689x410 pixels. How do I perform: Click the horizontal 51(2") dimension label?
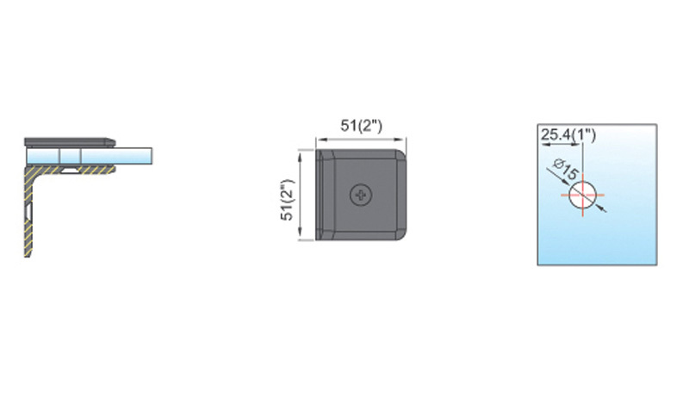tap(361, 126)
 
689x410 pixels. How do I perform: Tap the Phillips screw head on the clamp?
tap(361, 195)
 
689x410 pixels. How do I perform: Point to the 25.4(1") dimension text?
tap(568, 134)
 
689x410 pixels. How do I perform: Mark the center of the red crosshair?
tap(583, 196)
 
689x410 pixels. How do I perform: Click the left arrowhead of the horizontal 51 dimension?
tap(320, 140)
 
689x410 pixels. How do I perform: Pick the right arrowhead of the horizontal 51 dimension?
tap(401, 140)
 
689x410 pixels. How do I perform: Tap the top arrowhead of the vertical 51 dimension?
tap(300, 154)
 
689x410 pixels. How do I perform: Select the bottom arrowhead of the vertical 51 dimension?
tap(300, 235)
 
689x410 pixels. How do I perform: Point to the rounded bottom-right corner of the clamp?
tap(400, 234)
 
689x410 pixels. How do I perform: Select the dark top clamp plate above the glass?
tap(70, 142)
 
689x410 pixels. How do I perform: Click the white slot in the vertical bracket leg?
tap(29, 211)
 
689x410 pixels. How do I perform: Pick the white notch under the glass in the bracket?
tap(69, 169)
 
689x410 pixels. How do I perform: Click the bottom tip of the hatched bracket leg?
tap(28, 256)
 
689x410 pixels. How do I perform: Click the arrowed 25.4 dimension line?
tap(562, 144)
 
